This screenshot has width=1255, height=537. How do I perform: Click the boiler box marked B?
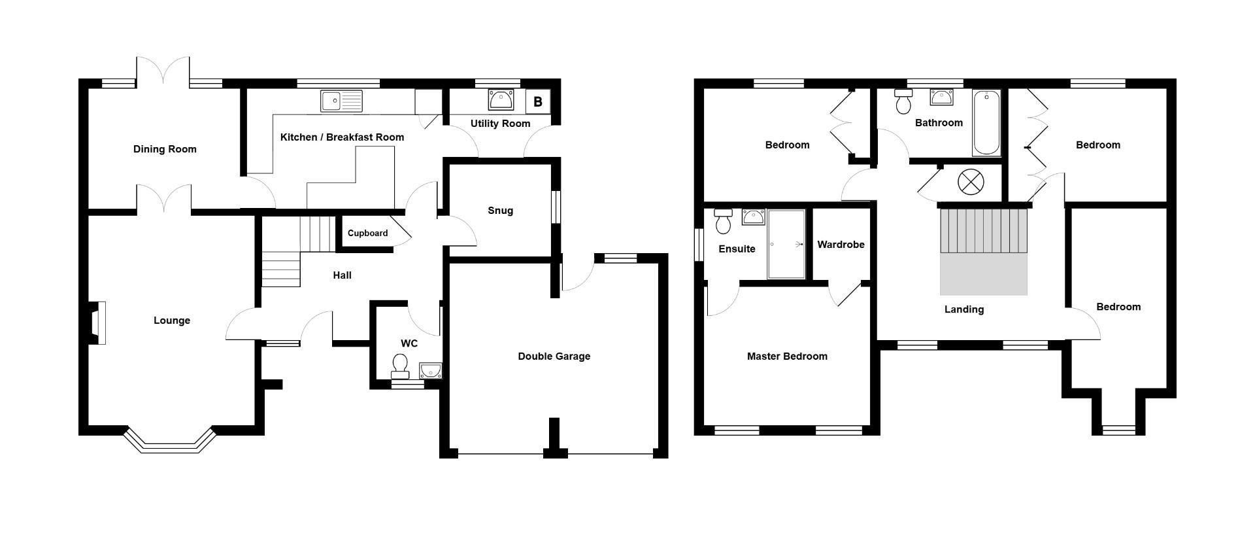pyautogui.click(x=538, y=102)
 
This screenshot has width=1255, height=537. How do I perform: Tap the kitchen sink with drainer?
pyautogui.click(x=341, y=101)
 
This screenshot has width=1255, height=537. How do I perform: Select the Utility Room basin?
pyautogui.click(x=501, y=100)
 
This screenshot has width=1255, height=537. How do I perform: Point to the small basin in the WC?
pyautogui.click(x=431, y=371)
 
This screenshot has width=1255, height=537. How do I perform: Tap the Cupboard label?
pyautogui.click(x=367, y=234)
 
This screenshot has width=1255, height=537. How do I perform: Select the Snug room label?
pyautogui.click(x=500, y=211)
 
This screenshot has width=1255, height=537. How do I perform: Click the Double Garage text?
pyautogui.click(x=554, y=356)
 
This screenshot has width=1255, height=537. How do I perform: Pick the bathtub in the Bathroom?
pyautogui.click(x=986, y=123)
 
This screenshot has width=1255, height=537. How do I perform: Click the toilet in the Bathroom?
pyautogui.click(x=903, y=102)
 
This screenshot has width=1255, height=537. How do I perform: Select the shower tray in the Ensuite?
pyautogui.click(x=786, y=244)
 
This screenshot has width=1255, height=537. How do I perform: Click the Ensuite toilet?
pyautogui.click(x=723, y=222)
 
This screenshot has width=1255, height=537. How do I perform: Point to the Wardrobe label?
pyautogui.click(x=841, y=245)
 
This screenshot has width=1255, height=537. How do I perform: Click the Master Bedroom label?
pyautogui.click(x=786, y=356)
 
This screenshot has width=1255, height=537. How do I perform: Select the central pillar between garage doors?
pyautogui.click(x=554, y=438)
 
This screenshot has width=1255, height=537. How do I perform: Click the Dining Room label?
pyautogui.click(x=165, y=149)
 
